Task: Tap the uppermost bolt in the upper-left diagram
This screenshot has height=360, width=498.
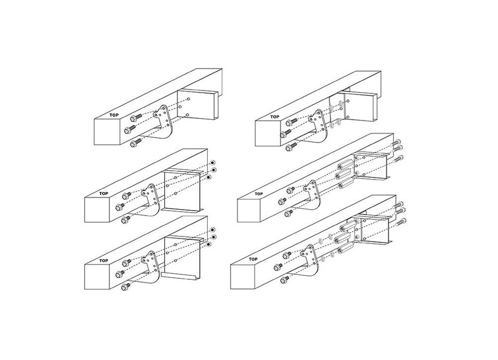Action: point(135,119)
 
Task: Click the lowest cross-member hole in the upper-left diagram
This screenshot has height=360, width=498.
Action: point(187,115)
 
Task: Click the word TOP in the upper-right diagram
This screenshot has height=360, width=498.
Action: point(275,117)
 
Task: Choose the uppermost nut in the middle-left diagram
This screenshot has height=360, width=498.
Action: point(213,163)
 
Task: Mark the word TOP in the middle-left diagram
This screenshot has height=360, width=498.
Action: point(104,193)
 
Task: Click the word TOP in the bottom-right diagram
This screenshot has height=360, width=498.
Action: point(252,259)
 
